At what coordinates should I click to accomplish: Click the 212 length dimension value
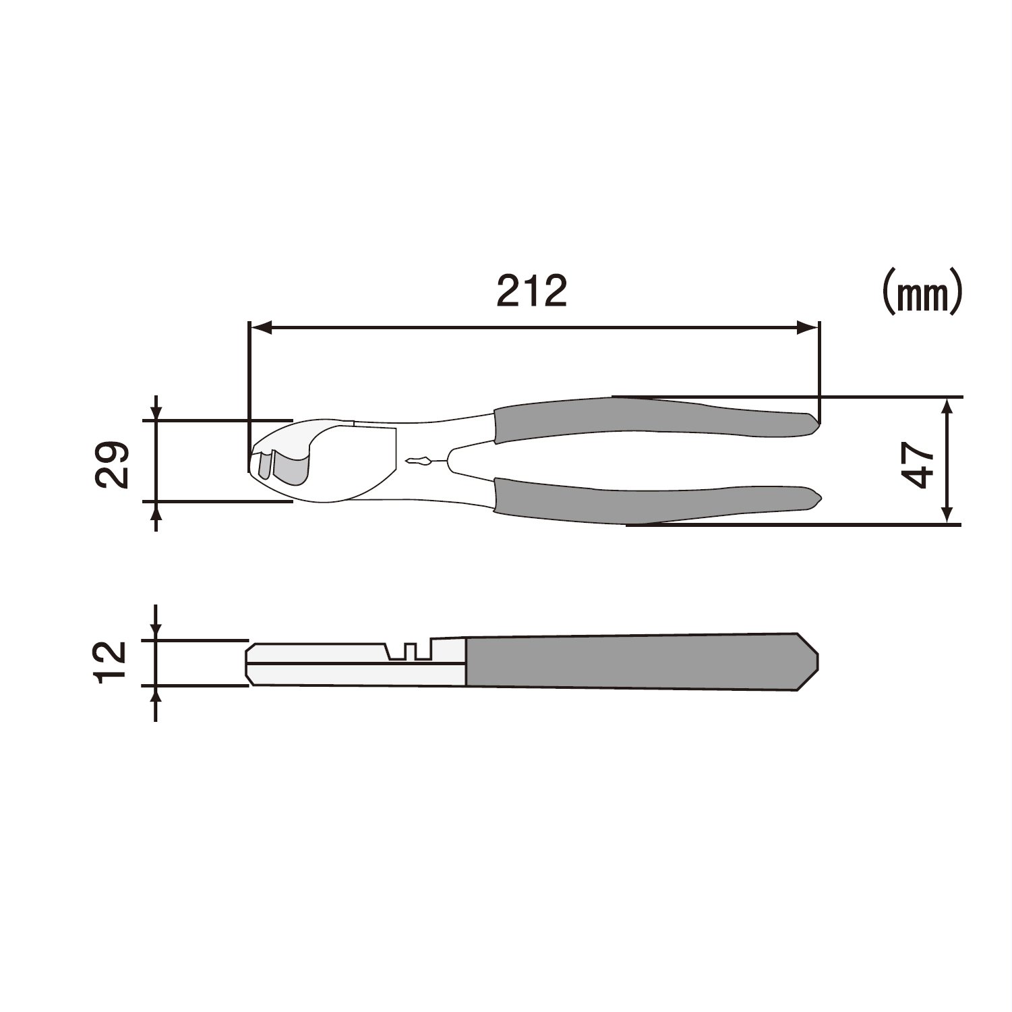coord(532,291)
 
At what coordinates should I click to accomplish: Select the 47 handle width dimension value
coord(918,466)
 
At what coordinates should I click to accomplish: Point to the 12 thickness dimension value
coord(111,663)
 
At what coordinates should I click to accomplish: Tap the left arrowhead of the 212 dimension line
coord(260,329)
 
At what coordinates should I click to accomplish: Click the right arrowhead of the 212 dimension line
coord(808,329)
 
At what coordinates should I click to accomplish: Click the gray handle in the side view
coord(641,662)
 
